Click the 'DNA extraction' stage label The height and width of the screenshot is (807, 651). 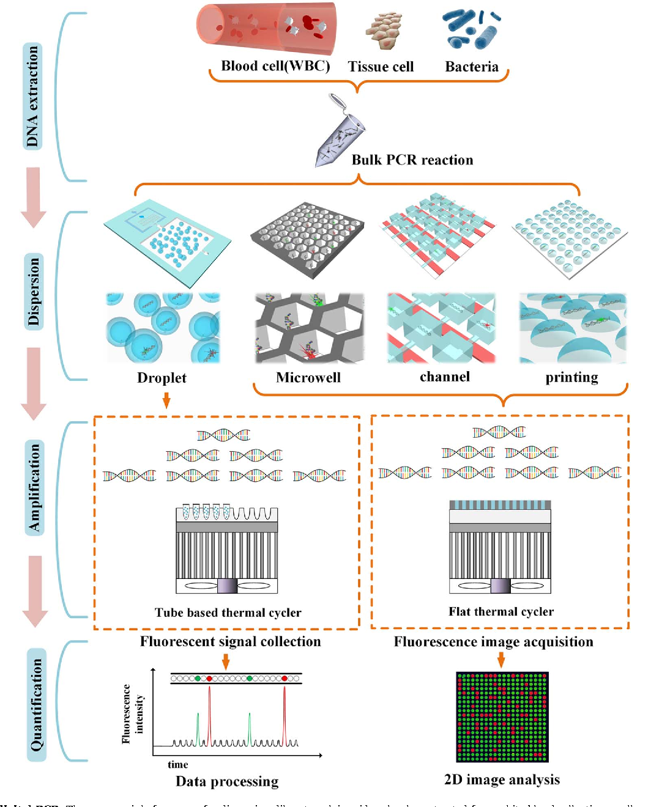33,97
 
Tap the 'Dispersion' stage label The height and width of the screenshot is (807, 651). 34,292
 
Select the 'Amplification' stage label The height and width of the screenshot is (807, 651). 34,488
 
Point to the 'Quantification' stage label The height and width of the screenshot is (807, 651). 37,704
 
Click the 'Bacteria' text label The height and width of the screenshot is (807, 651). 471,67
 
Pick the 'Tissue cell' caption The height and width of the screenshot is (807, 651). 381,67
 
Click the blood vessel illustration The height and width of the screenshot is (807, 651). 267,28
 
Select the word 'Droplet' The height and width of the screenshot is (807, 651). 162,378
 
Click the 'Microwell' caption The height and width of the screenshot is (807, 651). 308,378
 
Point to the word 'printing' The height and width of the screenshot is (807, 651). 571,377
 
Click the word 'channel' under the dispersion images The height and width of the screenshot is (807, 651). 445,377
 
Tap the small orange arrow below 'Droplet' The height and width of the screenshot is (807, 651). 166,401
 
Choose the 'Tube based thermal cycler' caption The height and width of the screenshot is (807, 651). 228,613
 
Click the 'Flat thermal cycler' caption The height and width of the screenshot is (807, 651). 501,611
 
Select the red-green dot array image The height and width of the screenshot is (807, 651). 502,717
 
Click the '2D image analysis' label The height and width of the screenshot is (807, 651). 502,779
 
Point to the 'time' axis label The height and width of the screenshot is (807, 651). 177,764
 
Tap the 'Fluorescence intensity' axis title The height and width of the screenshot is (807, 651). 133,713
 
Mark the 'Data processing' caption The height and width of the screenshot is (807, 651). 227,781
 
